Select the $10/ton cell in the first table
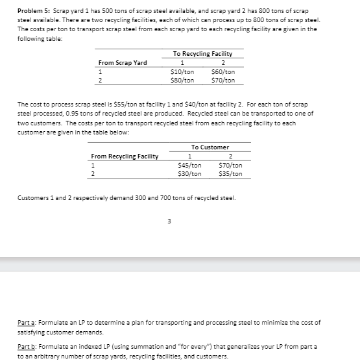pyautogui.click(x=182, y=71)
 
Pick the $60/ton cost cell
pyautogui.click(x=223, y=71)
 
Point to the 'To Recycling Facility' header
pyautogui.click(x=202, y=53)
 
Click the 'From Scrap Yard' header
pyautogui.click(x=123, y=62)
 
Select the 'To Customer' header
pyautogui.click(x=210, y=147)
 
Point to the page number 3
pyautogui.click(x=169, y=219)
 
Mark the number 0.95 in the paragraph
pyautogui.click(x=77, y=112)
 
